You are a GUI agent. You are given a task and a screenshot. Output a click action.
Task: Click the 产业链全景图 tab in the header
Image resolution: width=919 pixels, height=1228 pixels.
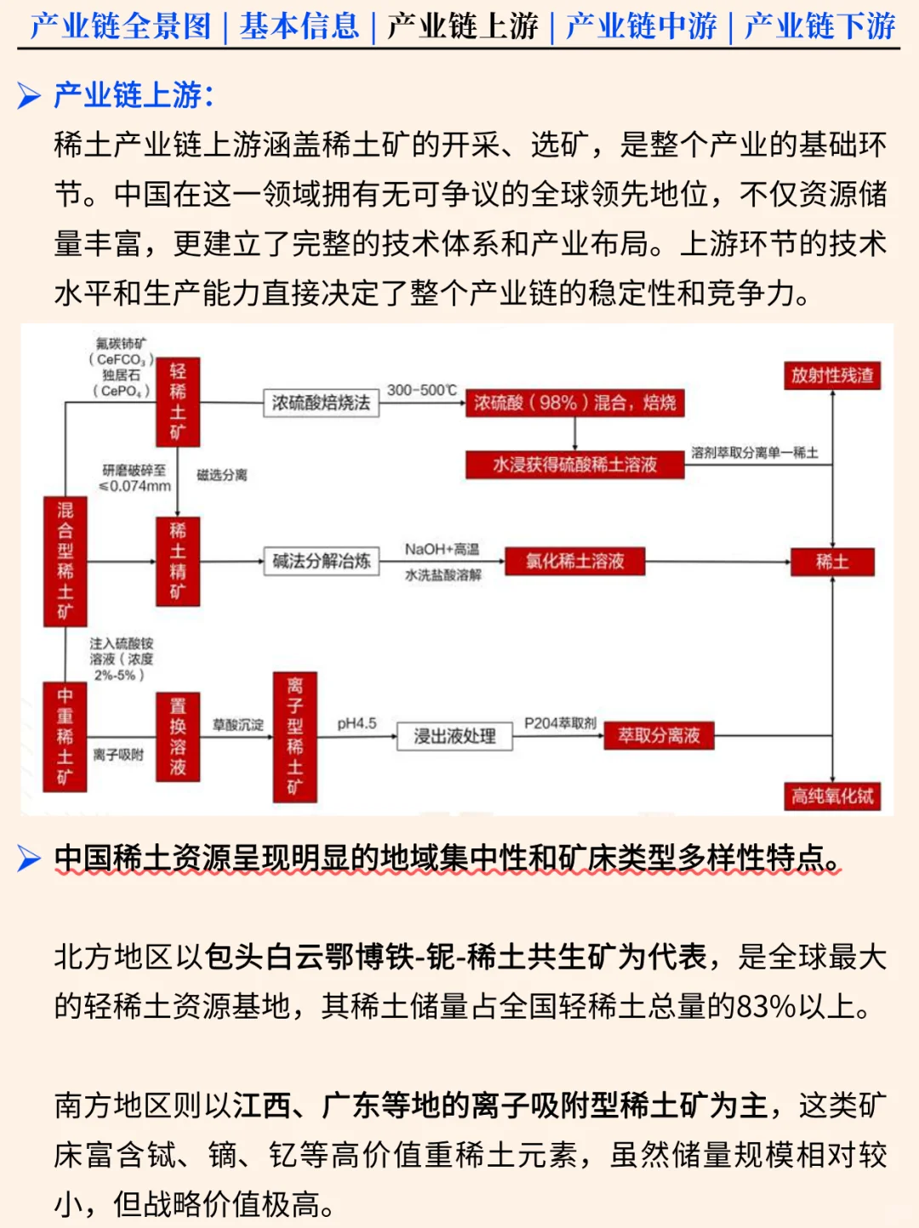120,26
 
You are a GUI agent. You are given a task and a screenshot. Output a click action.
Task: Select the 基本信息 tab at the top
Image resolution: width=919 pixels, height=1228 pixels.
299,26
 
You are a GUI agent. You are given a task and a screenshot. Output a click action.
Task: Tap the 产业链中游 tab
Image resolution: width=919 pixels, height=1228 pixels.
642,26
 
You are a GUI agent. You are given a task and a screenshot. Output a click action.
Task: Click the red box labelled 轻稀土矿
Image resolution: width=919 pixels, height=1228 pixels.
177,402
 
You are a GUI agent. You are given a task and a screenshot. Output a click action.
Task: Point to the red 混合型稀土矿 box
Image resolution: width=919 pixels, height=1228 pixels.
65,562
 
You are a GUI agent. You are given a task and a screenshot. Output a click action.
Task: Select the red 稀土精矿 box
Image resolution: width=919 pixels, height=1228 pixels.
177,561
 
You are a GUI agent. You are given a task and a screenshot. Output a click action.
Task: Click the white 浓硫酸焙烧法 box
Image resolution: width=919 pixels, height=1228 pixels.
321,403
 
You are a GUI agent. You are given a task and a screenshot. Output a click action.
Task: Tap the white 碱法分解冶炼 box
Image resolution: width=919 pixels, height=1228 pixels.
321,561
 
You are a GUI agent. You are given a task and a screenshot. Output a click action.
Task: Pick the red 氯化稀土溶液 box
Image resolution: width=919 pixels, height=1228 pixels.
574,561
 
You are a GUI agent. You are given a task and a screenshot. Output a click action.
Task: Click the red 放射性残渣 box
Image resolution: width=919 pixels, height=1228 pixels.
831,375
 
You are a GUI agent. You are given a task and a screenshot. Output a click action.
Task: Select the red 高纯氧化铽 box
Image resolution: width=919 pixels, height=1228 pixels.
831,796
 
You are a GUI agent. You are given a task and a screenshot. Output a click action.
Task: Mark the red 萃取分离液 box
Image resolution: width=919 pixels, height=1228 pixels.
659,735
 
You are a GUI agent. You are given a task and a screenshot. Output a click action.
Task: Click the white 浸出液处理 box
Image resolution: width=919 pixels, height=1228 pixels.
454,736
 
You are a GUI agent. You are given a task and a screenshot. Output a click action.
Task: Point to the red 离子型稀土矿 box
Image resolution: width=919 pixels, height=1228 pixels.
294,737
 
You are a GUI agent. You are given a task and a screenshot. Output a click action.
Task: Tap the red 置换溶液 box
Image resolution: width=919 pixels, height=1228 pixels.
177,737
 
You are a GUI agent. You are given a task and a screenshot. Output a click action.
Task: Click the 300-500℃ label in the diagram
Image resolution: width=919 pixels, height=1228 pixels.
422,390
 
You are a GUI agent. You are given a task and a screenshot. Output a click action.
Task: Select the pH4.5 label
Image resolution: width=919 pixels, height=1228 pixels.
357,723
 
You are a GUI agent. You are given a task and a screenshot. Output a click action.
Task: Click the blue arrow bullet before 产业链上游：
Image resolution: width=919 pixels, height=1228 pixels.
29,95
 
